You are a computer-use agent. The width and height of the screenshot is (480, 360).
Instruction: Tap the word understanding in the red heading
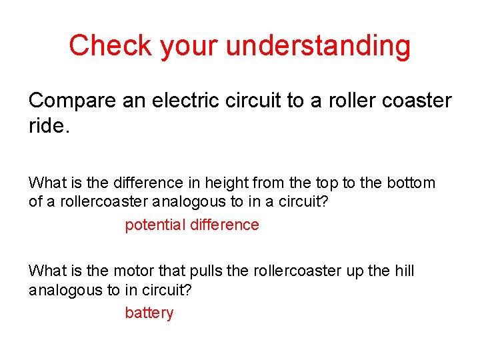(319, 47)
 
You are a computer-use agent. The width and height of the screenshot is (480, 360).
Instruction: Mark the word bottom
(411, 183)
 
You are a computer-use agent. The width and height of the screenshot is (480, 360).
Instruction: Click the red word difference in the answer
(225, 225)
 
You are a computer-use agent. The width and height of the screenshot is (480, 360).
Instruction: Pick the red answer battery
(149, 313)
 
